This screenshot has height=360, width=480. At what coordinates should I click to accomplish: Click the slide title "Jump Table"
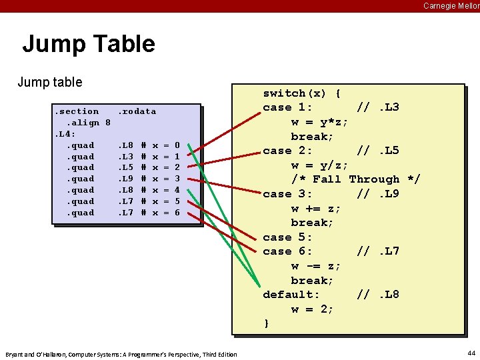coord(89,44)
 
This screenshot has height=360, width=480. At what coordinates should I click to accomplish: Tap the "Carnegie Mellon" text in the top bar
coord(451,5)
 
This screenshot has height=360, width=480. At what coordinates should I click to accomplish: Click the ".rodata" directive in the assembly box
coord(137,111)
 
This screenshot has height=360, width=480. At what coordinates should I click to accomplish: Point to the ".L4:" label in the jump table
coord(65,134)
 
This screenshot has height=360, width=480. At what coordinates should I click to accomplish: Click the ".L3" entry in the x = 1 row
coord(125,157)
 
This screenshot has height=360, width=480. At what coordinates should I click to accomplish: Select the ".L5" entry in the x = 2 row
coord(125,167)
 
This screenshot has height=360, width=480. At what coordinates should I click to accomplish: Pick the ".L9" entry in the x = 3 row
coord(125,179)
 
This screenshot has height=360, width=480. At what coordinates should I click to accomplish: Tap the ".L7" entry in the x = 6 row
coord(125,213)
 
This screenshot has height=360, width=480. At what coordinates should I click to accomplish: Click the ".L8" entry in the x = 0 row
coord(125,145)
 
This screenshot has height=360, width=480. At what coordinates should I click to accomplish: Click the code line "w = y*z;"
coord(319,122)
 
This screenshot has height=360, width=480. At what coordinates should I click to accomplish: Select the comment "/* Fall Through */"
coord(356,179)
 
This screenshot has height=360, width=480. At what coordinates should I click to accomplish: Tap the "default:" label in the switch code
coord(291,295)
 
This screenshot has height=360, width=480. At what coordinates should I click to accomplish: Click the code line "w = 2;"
coord(312,309)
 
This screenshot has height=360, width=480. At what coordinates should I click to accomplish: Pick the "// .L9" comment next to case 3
coord(378,194)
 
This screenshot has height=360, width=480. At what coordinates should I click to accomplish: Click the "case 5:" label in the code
coord(287,237)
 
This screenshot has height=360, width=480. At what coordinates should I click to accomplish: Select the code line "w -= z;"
coord(316,266)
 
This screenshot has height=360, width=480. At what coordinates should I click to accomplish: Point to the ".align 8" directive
coord(87,123)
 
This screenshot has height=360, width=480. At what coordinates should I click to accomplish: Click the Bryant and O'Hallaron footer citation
coord(121,354)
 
